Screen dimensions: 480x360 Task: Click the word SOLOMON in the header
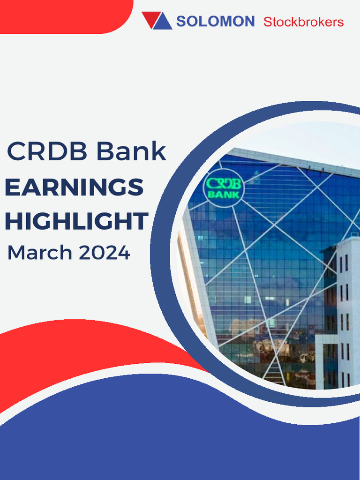coord(215,21)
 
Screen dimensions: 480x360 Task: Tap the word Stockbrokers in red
coord(303,22)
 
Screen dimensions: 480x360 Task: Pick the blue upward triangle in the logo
coord(163,22)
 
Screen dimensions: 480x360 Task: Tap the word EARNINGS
coord(74,187)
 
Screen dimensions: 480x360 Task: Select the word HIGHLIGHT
coord(76,221)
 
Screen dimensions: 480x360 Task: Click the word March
coord(39,253)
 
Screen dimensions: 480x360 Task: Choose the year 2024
coord(104,253)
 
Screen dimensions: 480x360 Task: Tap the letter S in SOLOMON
coord(181,22)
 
